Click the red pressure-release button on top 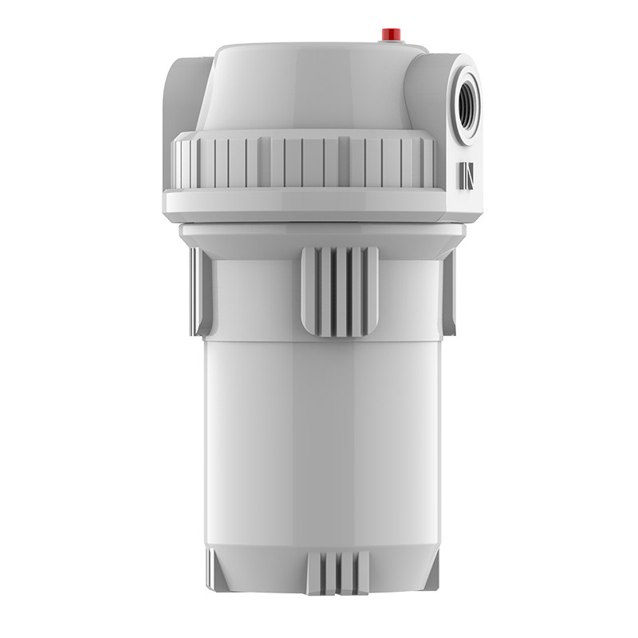click(x=390, y=33)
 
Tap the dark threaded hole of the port click(x=469, y=104)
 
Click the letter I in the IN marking click(x=463, y=176)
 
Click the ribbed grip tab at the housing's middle click(x=340, y=291)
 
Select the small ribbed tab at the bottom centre click(x=338, y=573)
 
